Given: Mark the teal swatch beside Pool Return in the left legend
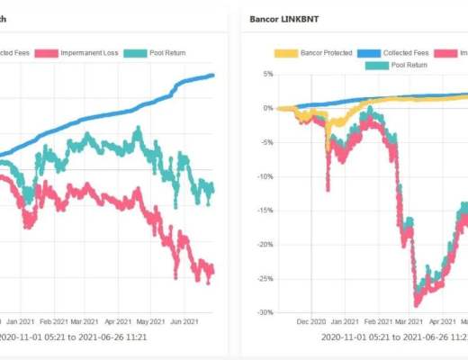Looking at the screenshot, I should click(x=135, y=52).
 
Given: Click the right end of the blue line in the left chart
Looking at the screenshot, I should click(x=213, y=75).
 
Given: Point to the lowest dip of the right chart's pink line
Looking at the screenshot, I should click(x=416, y=304).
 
